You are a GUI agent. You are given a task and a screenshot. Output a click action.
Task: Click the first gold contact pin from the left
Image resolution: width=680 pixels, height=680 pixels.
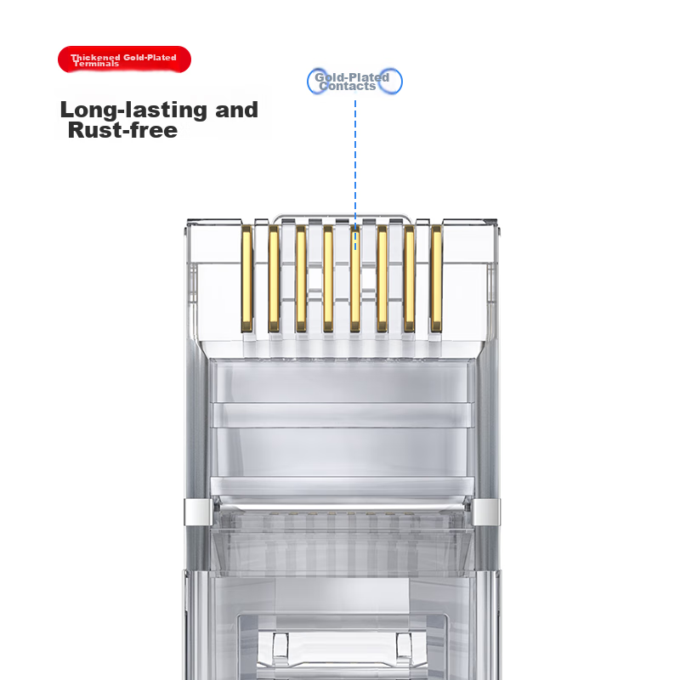(246, 279)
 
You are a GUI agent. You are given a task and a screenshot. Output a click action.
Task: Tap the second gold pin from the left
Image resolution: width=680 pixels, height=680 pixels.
(274, 279)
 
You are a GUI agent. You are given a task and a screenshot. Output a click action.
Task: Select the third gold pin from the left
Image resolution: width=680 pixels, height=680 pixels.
(301, 279)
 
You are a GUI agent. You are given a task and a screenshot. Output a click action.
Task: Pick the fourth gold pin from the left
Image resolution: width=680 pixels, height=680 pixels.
(328, 279)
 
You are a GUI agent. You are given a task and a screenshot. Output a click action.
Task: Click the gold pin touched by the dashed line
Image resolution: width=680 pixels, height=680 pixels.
(354, 279)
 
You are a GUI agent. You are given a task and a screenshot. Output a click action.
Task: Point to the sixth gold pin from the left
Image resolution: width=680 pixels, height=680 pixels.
(382, 279)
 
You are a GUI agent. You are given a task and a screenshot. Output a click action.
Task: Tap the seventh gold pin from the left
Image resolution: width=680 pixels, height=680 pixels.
(409, 279)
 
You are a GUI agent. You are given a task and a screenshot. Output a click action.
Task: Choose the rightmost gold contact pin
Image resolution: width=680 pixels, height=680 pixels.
(436, 279)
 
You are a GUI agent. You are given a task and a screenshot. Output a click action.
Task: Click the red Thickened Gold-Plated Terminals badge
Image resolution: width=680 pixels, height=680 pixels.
(124, 59)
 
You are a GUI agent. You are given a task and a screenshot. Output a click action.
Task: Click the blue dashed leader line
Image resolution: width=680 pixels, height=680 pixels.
(355, 175)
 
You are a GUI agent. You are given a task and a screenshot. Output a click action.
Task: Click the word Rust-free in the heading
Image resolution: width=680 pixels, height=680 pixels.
(122, 130)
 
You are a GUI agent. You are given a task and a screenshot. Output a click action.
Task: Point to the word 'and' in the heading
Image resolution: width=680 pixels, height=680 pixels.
(237, 110)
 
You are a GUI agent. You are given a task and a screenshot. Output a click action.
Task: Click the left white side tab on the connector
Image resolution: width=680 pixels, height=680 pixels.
(198, 513)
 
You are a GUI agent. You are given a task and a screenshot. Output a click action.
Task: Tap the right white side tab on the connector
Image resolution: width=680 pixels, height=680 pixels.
(485, 513)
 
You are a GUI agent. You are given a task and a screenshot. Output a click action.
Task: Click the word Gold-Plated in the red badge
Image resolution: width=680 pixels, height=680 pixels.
(150, 57)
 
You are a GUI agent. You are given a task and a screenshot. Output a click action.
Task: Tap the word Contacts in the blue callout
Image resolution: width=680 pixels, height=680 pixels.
(348, 86)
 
